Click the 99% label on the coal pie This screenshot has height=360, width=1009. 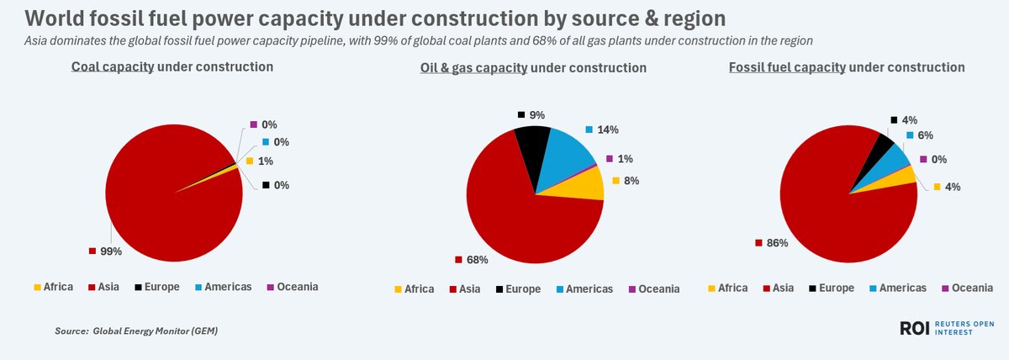(x=112, y=251)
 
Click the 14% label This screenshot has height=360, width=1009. (x=607, y=130)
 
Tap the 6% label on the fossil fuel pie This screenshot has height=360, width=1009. (x=925, y=135)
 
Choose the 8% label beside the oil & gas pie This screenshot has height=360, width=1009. (x=631, y=181)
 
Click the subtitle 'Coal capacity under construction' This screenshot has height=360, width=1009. (x=172, y=66)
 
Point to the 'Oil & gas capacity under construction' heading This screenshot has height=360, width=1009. (x=533, y=67)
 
